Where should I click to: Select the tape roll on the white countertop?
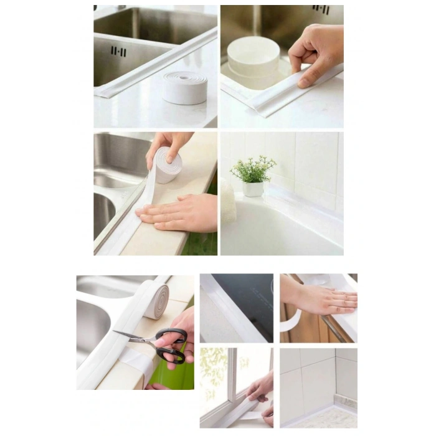coord(184,87)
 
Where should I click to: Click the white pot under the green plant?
coord(253,188)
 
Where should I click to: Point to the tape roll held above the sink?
coord(167,166)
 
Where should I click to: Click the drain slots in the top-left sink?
coord(118,51)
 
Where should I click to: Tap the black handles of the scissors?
coord(171,346)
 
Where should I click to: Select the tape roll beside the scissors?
coord(156,299)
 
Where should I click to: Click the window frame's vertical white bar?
coord(232,374)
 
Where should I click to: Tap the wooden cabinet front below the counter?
coord(305,330)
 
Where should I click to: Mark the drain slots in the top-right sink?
coord(321,9)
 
